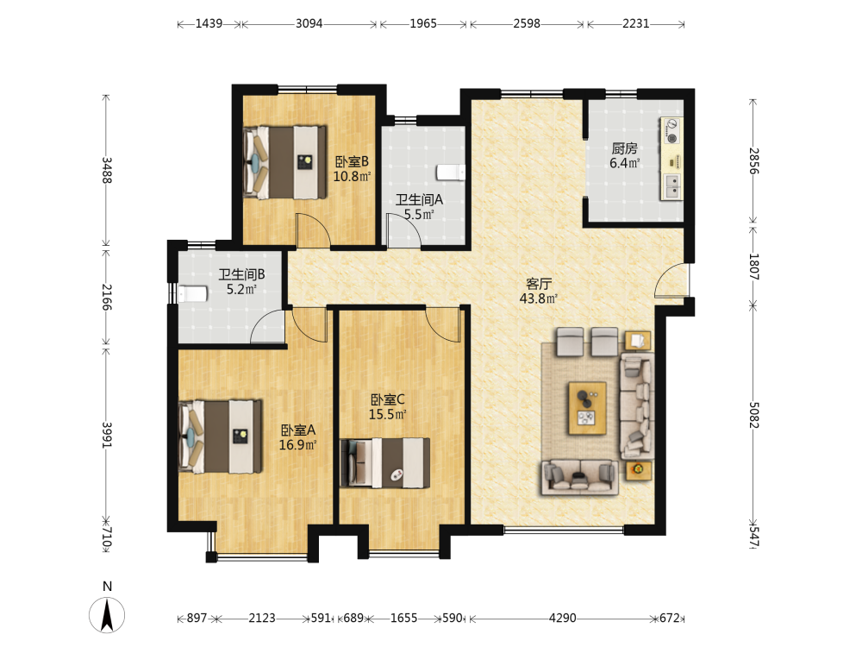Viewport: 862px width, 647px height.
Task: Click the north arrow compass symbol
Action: coord(107,614)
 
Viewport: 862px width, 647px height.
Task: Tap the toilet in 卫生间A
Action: coord(451,173)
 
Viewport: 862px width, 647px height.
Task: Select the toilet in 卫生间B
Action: coord(192,294)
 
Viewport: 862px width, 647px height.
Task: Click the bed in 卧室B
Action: coord(284,162)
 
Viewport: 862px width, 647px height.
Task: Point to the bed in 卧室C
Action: coord(384,462)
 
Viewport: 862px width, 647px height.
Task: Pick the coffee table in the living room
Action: coord(587,408)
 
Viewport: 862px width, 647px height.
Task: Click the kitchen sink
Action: coord(671,186)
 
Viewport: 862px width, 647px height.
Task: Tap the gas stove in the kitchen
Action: coord(671,131)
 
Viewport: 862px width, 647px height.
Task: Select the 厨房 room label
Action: coord(624,148)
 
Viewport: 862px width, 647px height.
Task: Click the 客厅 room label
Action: coord(538,284)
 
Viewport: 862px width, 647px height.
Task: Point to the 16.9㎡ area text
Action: coord(297,444)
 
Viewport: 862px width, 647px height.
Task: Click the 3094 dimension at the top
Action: coord(309,23)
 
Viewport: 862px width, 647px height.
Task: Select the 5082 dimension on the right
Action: coord(753,415)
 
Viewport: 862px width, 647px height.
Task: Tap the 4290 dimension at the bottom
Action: coord(562,618)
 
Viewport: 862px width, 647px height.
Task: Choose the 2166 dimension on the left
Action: coord(107,297)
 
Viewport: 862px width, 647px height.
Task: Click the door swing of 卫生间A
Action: coord(404,231)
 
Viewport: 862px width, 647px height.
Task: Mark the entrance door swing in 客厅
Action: coord(671,280)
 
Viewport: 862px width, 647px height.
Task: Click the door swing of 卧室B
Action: coord(314,230)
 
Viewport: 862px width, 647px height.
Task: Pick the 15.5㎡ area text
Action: coord(387,414)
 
